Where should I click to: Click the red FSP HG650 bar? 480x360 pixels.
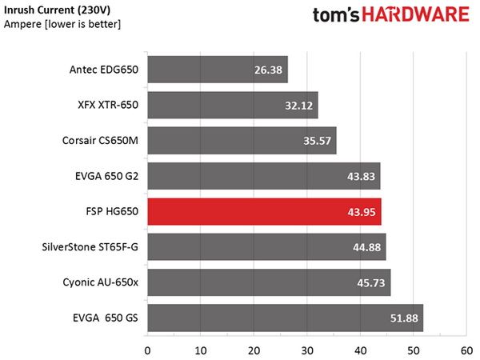click(x=265, y=211)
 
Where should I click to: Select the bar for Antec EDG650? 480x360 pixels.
click(x=218, y=70)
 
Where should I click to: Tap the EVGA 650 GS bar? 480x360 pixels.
click(x=286, y=318)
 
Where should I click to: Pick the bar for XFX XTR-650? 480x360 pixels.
click(x=233, y=105)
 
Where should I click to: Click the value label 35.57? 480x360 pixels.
click(x=317, y=141)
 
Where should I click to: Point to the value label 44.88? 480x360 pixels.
click(x=366, y=247)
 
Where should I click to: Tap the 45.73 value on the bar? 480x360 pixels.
click(x=371, y=283)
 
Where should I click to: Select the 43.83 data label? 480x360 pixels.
click(x=362, y=176)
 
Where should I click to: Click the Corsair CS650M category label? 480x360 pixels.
click(x=100, y=141)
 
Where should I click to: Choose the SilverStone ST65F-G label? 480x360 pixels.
click(x=90, y=246)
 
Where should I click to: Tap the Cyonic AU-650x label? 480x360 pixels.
click(x=101, y=282)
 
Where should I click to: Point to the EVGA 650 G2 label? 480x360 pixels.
click(x=107, y=176)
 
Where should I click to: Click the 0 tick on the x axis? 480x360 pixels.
click(x=147, y=351)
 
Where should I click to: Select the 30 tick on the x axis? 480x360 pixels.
click(x=307, y=351)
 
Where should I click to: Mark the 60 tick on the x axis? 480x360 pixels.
click(x=466, y=351)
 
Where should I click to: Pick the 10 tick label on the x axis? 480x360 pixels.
click(x=201, y=351)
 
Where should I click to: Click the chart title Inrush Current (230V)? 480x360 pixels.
click(x=58, y=10)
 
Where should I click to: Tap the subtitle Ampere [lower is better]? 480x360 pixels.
click(x=62, y=24)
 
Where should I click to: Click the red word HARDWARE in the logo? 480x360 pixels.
click(x=415, y=15)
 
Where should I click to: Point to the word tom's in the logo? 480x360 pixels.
click(x=336, y=15)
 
